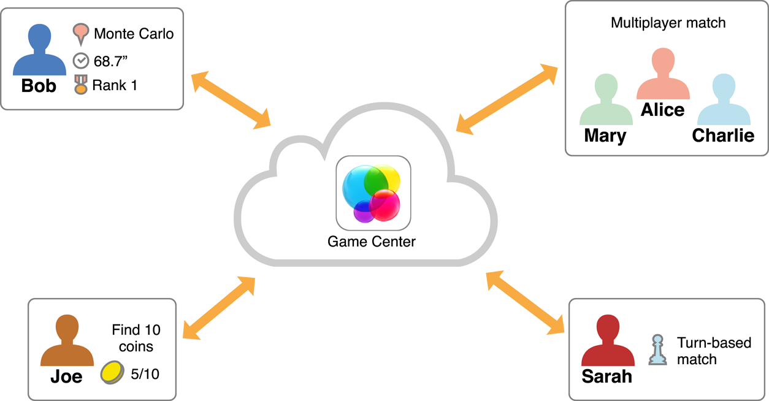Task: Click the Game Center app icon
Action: [x=373, y=193]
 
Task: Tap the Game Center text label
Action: [x=372, y=242]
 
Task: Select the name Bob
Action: [x=39, y=86]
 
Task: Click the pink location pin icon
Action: [x=81, y=34]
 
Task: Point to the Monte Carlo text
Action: [x=134, y=33]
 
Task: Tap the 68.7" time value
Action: [x=110, y=61]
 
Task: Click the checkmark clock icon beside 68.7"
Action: [x=81, y=61]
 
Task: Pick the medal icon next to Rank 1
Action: [x=81, y=85]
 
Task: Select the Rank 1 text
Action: [x=115, y=85]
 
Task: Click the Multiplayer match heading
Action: [x=668, y=23]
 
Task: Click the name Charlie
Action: [x=723, y=135]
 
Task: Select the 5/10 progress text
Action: [x=145, y=373]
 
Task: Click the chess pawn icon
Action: [x=657, y=351]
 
